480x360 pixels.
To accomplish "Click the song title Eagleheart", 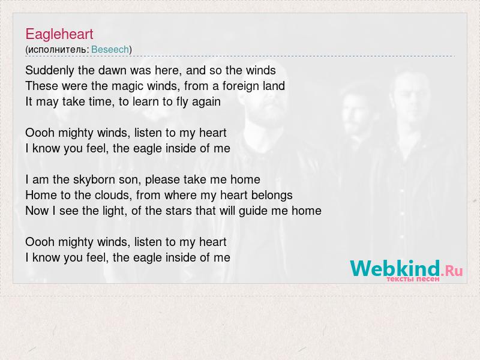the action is (x=59, y=34).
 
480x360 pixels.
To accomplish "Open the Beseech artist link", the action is (x=110, y=49).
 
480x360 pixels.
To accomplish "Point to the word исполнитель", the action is (x=56, y=50).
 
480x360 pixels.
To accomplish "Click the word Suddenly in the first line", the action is (x=50, y=71).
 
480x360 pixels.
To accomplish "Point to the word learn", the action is (x=146, y=101).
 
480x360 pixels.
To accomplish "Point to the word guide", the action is (x=253, y=211).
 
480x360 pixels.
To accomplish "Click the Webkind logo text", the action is (x=395, y=268).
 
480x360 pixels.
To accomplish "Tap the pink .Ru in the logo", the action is (x=452, y=271).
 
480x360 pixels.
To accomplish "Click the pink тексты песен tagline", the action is (x=413, y=279).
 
